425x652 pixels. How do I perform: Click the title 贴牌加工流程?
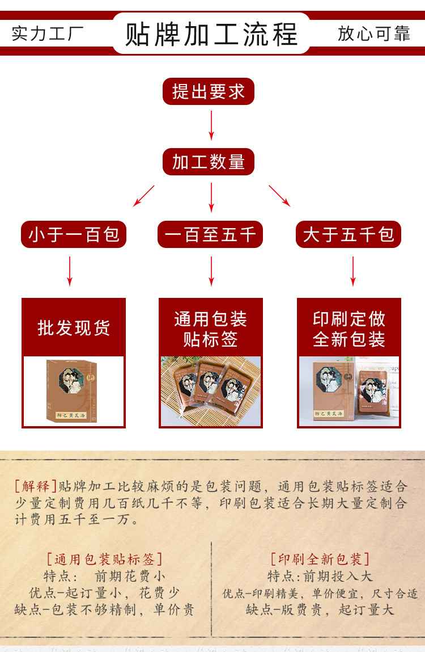tap(211, 33)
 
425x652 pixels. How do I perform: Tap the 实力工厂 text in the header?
tap(48, 33)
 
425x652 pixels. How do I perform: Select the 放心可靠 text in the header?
tap(373, 33)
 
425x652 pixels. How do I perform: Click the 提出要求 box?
tap(209, 91)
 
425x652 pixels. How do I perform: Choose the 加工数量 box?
tap(209, 162)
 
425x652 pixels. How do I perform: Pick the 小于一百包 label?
tap(74, 234)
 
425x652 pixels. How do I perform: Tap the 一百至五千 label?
tap(210, 234)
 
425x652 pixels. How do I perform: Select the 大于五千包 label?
tap(348, 234)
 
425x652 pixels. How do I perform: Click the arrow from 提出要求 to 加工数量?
tap(211, 125)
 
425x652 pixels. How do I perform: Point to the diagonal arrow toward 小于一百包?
tap(143, 196)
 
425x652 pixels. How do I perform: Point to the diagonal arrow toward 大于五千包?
tap(279, 196)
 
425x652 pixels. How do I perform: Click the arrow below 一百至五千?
tap(211, 271)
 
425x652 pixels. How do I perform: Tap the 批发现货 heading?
tap(74, 327)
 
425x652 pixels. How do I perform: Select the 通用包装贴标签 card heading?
tap(211, 329)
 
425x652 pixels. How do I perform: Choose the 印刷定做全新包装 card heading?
tap(349, 329)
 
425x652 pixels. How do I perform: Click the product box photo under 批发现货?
tap(74, 391)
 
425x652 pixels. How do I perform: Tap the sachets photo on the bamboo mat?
tap(211, 391)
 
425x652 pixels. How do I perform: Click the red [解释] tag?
tap(35, 486)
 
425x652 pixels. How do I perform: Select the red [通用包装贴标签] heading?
tap(104, 560)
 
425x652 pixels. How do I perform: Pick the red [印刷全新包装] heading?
tap(320, 560)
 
